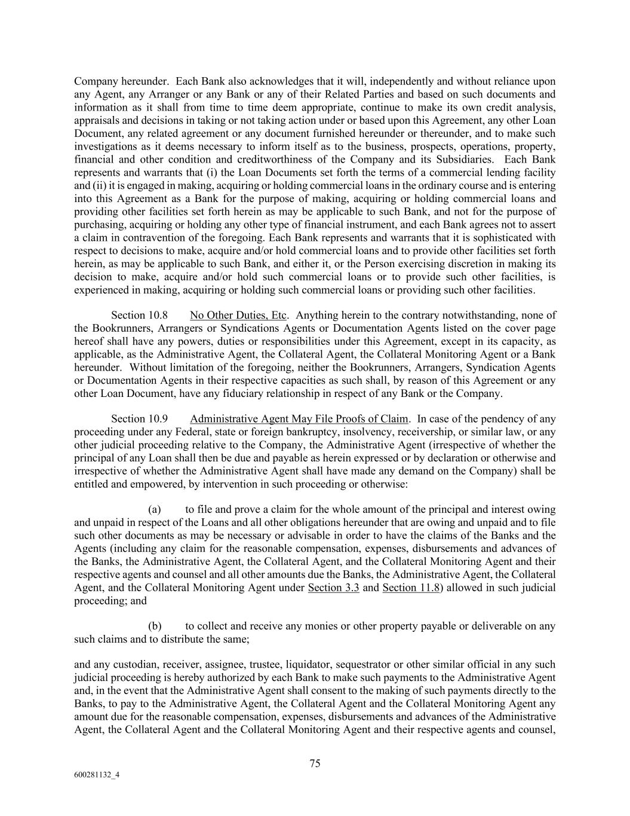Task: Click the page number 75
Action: click(x=315, y=763)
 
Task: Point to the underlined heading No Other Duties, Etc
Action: click(x=238, y=315)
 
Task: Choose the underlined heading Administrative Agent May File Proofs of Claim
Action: click(x=299, y=418)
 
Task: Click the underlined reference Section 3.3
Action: click(x=333, y=587)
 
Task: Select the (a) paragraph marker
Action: click(x=155, y=509)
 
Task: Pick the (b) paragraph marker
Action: click(x=155, y=626)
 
